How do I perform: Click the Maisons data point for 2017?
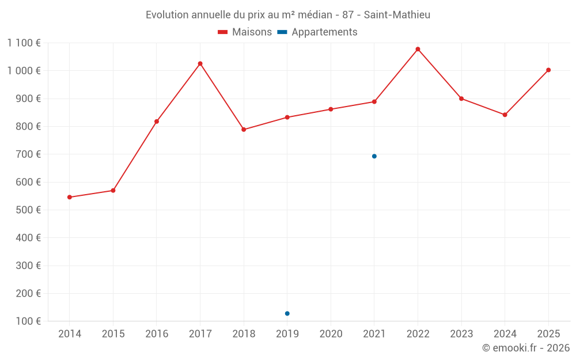(x=200, y=63)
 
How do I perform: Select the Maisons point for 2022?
(x=418, y=49)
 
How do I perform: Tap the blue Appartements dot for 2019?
(x=287, y=313)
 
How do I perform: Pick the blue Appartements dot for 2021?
(x=374, y=156)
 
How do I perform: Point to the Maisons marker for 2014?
(x=70, y=197)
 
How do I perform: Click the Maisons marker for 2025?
(x=548, y=70)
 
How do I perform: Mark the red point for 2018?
(x=244, y=130)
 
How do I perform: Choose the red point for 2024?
(x=505, y=115)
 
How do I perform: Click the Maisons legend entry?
(x=245, y=32)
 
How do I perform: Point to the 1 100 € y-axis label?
(x=24, y=43)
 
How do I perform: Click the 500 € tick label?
(x=29, y=210)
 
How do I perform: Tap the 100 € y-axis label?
(x=29, y=321)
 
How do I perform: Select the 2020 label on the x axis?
(x=331, y=334)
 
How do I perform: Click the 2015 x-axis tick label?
(x=113, y=334)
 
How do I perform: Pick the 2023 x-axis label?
(x=461, y=334)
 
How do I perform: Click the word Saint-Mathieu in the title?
(x=397, y=14)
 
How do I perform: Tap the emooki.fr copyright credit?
(x=525, y=348)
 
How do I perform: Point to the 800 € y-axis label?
(x=29, y=126)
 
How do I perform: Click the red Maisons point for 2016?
(x=157, y=122)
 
